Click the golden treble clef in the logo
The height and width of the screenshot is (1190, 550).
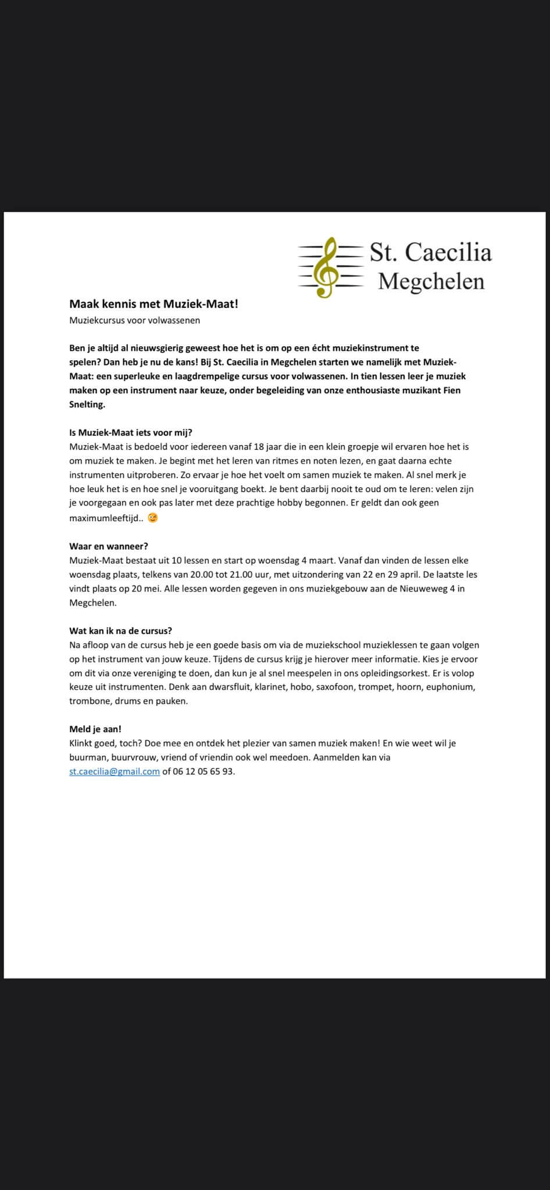pyautogui.click(x=326, y=267)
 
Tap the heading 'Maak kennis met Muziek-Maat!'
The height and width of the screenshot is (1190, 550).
pyautogui.click(x=153, y=303)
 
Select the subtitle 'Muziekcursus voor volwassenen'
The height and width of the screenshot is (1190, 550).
pyautogui.click(x=134, y=320)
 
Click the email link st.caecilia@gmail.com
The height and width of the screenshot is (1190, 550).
pyautogui.click(x=115, y=772)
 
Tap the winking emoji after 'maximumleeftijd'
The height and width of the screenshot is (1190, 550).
pyautogui.click(x=152, y=518)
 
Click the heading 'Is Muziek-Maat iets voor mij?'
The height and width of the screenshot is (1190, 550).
pyautogui.click(x=130, y=432)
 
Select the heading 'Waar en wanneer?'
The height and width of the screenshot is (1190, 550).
pyautogui.click(x=109, y=546)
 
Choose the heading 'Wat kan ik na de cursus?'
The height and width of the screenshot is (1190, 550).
pyautogui.click(x=120, y=630)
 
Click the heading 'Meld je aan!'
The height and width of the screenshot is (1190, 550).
pyautogui.click(x=95, y=729)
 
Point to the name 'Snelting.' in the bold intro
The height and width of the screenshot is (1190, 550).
pyautogui.click(x=87, y=404)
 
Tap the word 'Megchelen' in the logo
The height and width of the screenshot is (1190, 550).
pyautogui.click(x=431, y=281)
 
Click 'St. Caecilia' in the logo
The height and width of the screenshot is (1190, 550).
pyautogui.click(x=431, y=252)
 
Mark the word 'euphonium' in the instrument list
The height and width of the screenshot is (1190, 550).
pyautogui.click(x=451, y=687)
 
